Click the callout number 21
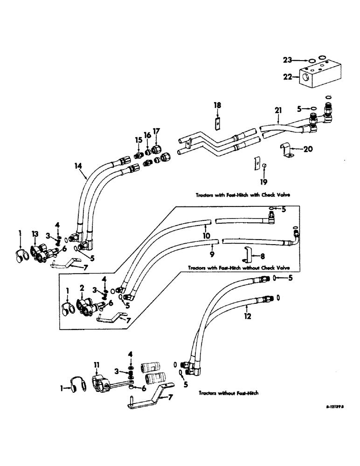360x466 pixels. [x=279, y=110]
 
